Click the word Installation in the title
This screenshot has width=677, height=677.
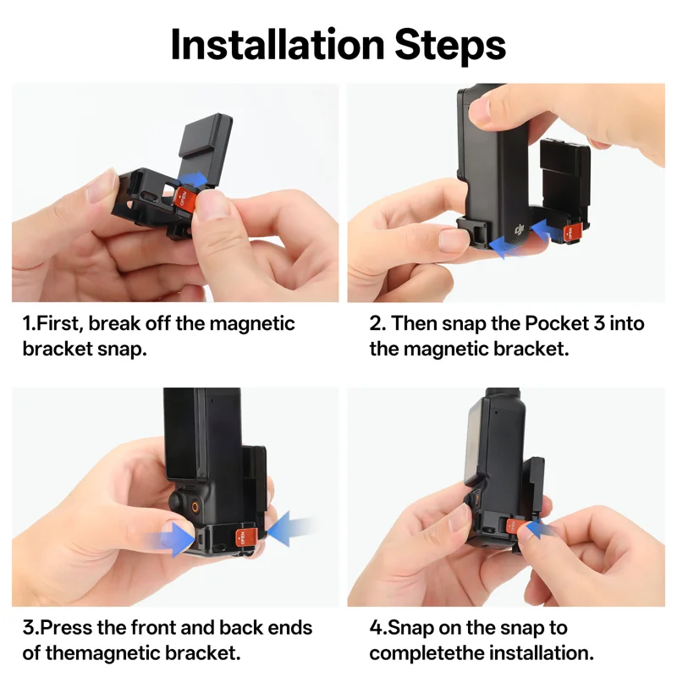278,45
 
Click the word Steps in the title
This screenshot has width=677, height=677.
450,45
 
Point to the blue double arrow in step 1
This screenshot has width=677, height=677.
194,179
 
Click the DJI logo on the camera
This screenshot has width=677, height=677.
520,229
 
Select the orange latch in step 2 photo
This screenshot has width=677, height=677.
570,234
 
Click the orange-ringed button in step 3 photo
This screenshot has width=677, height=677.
195,506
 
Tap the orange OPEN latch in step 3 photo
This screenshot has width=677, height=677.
245,537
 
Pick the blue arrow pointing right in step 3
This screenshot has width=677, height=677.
173,539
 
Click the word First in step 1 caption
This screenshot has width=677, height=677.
59,323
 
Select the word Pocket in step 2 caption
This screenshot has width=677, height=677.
557,323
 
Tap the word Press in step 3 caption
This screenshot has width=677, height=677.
67,627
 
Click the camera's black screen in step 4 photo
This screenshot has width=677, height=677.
478,445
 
